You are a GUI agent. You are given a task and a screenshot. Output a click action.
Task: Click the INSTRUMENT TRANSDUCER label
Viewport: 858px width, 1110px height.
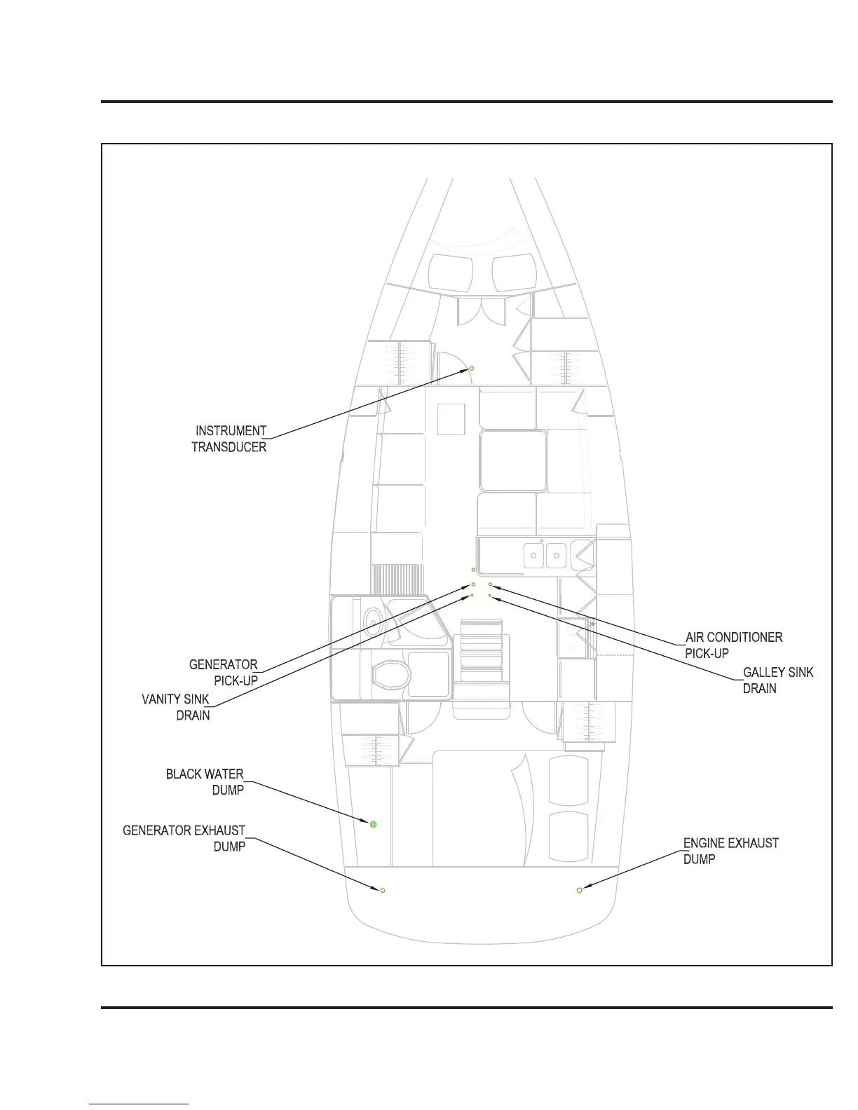pos(229,439)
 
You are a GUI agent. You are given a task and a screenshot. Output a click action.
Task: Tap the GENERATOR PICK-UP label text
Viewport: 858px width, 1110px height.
pos(224,672)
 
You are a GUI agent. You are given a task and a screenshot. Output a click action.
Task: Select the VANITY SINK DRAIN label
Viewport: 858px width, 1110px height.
pos(176,707)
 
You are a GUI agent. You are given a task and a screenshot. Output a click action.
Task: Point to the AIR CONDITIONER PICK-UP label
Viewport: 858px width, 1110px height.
pos(733,645)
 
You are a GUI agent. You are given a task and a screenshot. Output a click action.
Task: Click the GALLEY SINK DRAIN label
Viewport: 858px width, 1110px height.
pos(777,680)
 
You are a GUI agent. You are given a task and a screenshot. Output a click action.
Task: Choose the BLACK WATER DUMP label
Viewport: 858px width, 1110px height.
pos(205,781)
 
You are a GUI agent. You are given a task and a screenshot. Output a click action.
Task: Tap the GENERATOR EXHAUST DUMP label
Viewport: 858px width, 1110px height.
pos(184,838)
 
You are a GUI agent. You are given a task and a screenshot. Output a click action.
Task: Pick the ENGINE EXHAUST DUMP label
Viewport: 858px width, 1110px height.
pos(730,851)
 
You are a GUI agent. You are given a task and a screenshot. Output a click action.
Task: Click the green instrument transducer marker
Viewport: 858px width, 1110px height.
pos(472,368)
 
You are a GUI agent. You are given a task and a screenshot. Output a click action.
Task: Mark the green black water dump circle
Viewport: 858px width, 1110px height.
pos(374,824)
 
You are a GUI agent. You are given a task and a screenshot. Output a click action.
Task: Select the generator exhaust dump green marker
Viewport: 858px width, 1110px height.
pos(383,890)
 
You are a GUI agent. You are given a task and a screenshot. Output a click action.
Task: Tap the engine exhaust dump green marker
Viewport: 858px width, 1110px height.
pos(580,890)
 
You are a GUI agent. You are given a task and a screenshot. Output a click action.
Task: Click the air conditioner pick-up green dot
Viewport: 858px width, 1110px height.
pos(490,584)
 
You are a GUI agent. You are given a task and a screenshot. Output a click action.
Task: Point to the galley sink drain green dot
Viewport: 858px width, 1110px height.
pos(489,595)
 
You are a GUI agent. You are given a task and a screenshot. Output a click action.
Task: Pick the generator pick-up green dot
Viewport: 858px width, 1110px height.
pos(473,584)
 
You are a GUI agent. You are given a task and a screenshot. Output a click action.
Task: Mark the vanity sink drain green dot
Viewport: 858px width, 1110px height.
pos(472,595)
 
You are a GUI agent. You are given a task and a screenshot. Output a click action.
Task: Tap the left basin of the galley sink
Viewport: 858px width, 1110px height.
pos(534,556)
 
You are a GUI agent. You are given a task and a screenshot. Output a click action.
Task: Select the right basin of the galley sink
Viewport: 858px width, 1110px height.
pos(556,556)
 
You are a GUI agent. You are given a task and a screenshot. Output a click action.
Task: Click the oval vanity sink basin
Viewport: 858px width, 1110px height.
pos(373,620)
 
